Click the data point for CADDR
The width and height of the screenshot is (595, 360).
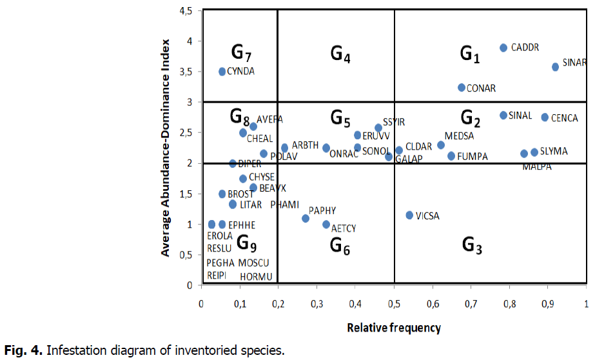[503, 48]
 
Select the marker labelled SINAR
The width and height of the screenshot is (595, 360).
[555, 67]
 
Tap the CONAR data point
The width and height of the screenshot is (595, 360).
[462, 88]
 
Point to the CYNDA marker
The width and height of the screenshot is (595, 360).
[222, 72]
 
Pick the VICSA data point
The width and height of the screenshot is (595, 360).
[409, 215]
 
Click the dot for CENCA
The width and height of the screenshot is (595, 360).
[545, 117]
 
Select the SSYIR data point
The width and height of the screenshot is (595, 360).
[378, 128]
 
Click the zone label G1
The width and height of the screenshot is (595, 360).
[470, 54]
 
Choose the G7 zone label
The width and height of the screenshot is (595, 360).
[241, 52]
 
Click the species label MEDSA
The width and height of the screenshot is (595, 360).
[459, 136]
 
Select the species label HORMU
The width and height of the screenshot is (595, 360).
[257, 277]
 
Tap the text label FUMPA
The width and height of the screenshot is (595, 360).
[473, 157]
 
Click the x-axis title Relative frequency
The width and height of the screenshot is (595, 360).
[394, 328]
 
